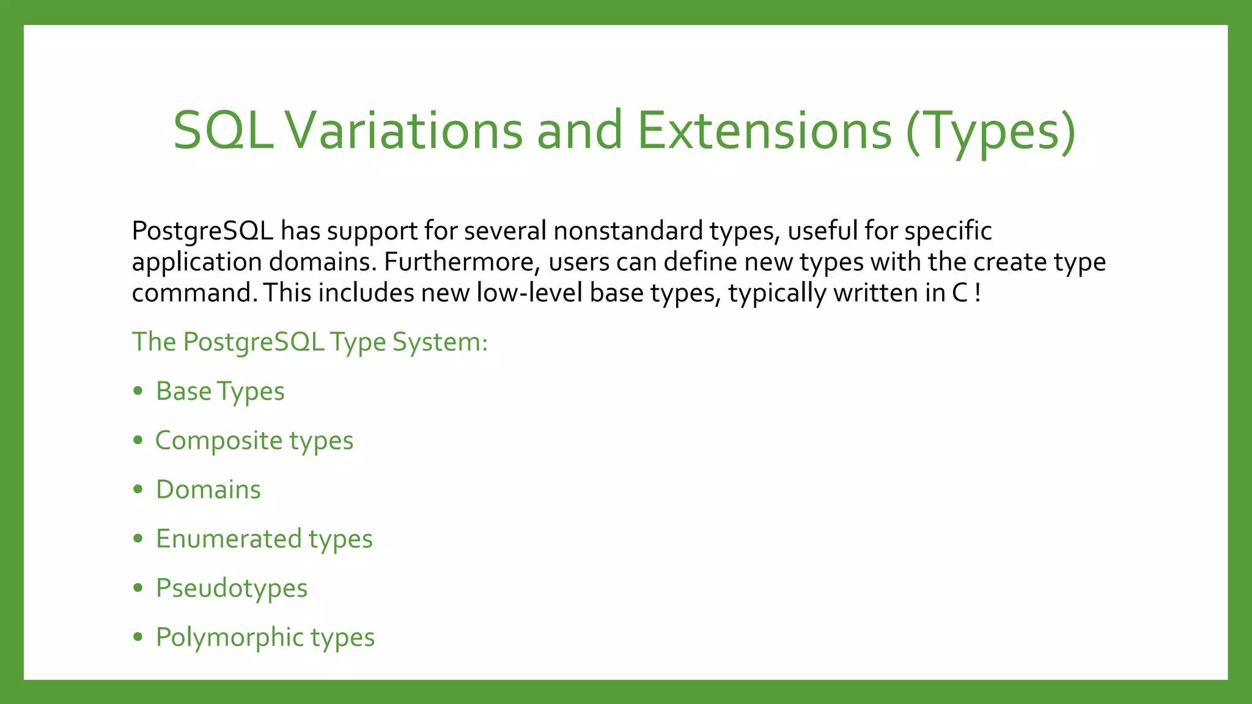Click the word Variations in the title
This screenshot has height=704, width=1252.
click(x=405, y=131)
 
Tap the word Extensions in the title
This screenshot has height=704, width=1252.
click(x=764, y=131)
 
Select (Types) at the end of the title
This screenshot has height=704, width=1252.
click(x=990, y=131)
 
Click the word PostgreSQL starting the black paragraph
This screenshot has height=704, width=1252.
click(x=202, y=232)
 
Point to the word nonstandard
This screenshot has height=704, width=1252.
click(x=628, y=232)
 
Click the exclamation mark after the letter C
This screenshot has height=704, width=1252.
click(x=978, y=293)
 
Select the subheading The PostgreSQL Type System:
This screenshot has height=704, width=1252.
click(x=310, y=342)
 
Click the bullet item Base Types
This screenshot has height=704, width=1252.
click(x=220, y=392)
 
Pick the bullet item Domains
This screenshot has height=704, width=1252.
click(x=208, y=490)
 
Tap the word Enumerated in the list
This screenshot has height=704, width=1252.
click(x=229, y=539)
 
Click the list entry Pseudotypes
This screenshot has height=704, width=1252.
click(x=232, y=588)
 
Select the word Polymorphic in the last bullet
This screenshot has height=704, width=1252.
click(x=229, y=637)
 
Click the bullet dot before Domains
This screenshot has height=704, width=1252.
click(x=138, y=490)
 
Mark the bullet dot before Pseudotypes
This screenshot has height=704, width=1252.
click(x=138, y=588)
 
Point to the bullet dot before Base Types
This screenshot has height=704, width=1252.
click(x=138, y=391)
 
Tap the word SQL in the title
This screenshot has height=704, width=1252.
click(x=224, y=131)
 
